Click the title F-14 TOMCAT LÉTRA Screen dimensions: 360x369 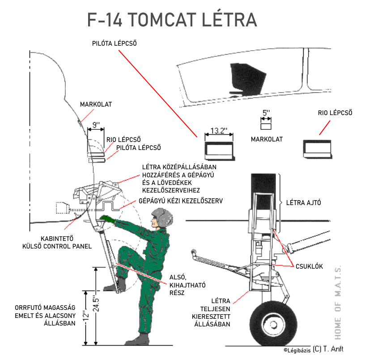pos(172,21)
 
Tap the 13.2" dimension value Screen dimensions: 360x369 pos(219,131)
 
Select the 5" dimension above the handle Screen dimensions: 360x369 pos(267,114)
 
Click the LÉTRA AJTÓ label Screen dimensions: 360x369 pos(303,203)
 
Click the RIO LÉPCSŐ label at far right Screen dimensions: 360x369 pos(335,113)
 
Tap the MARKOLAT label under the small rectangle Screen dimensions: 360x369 pos(267,139)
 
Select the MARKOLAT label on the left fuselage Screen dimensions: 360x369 pos(96,104)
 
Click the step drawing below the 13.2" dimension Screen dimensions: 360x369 pos(219,150)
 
